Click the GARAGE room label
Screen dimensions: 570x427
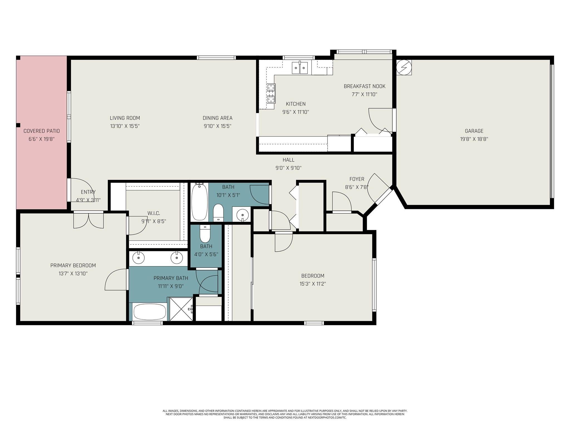click(x=474, y=131)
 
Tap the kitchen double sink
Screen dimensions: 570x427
click(x=300, y=68)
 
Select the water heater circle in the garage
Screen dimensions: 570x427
click(x=404, y=68)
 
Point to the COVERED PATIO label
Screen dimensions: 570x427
click(x=41, y=131)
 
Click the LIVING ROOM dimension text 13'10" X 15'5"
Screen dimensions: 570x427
click(x=125, y=126)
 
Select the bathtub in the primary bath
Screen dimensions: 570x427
click(x=150, y=312)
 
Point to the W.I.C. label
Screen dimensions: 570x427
click(x=154, y=213)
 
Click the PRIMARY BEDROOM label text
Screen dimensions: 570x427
click(x=73, y=265)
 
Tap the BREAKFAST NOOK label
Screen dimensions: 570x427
click(x=364, y=86)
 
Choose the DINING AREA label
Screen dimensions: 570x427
click(x=217, y=118)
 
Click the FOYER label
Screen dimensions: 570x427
click(x=357, y=179)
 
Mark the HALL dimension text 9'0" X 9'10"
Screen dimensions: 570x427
click(x=288, y=168)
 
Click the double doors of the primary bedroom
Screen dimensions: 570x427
click(x=89, y=220)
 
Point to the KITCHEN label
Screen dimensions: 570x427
click(x=296, y=104)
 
